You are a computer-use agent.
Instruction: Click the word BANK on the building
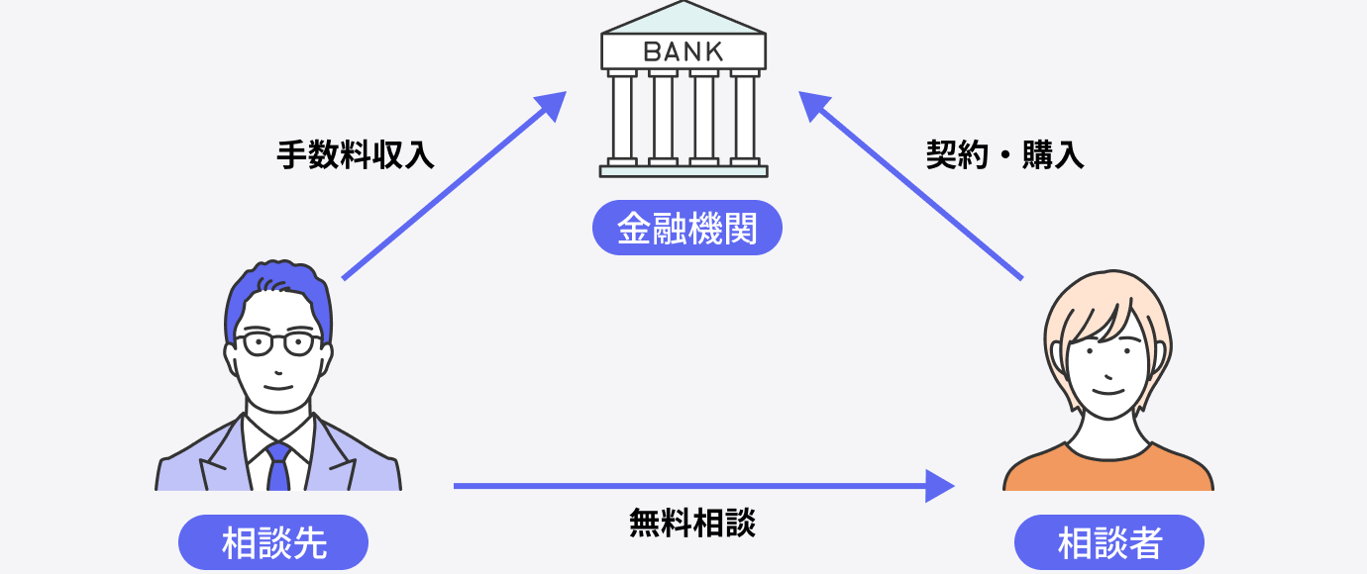click(683, 51)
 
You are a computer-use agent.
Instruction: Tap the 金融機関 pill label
click(687, 229)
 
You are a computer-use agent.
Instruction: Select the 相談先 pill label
click(273, 542)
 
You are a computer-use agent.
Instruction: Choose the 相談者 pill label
click(1109, 542)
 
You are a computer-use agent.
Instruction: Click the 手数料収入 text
click(356, 155)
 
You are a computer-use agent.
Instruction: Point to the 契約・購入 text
click(1004, 155)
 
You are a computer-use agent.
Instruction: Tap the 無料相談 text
click(692, 523)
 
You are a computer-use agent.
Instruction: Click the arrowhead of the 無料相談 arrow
click(941, 486)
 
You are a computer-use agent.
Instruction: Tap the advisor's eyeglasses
click(278, 343)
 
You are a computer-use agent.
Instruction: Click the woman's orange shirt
click(1108, 473)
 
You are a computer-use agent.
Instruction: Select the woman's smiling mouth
click(1107, 390)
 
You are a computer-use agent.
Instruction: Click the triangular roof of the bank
click(683, 18)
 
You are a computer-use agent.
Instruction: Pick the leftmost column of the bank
click(622, 117)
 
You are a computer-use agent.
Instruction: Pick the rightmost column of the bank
click(745, 117)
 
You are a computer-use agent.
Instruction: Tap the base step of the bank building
click(683, 171)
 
